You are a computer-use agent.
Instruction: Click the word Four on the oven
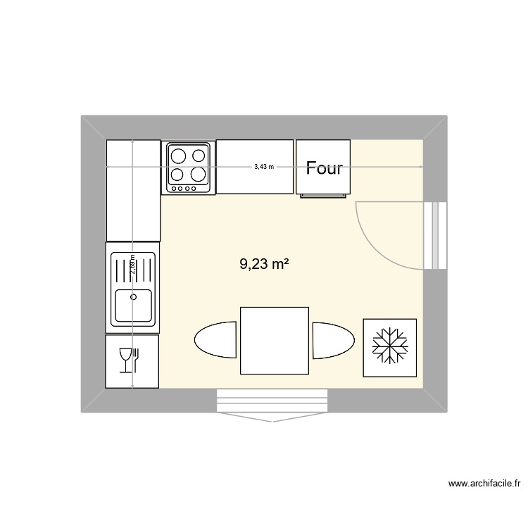tap(324, 168)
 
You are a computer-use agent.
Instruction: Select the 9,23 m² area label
tap(265, 264)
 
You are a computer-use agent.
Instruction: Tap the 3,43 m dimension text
tap(264, 167)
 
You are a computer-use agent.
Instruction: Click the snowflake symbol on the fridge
tap(389, 347)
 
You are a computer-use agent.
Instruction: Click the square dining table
tap(274, 341)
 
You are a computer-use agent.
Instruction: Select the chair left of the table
tap(215, 340)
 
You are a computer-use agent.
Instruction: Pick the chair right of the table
tap(333, 340)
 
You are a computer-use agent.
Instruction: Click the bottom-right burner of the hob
tap(200, 174)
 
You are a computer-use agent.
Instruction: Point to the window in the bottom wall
tap(272, 401)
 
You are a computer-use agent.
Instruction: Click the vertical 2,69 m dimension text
tap(132, 268)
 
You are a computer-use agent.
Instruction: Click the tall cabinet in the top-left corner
tap(133, 190)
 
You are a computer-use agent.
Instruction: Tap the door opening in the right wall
tap(436, 235)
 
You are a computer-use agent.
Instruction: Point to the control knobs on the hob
tap(188, 188)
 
